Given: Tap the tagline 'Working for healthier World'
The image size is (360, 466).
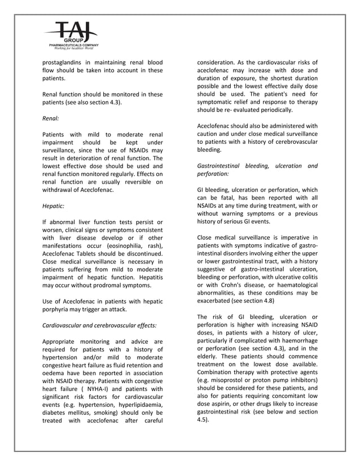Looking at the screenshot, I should [x=71, y=50].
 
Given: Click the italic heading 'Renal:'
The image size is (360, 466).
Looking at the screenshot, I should [x=51, y=119].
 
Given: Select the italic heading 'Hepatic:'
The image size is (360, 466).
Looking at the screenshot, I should [x=54, y=206].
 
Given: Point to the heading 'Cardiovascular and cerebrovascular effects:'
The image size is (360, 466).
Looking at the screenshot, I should [x=99, y=325].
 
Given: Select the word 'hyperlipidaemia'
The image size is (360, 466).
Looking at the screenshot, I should [x=138, y=405].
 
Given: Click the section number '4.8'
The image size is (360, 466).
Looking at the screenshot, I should [x=268, y=302].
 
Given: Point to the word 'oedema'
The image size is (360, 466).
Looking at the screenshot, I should [x=55, y=373].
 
